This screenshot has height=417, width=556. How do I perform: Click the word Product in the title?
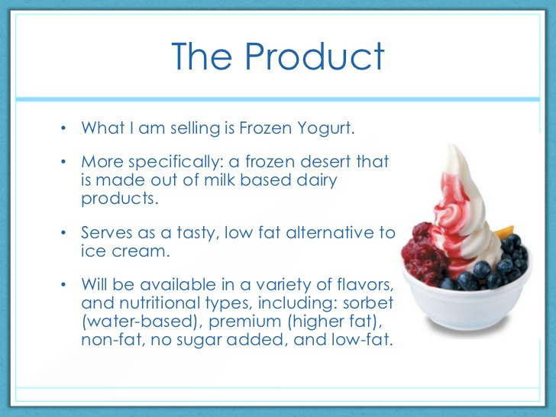tap(315, 56)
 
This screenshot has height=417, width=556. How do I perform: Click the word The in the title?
tap(202, 56)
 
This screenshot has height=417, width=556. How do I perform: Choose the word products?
tap(120, 199)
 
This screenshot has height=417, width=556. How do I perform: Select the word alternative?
tap(330, 233)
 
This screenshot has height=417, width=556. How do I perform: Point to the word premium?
tap(244, 322)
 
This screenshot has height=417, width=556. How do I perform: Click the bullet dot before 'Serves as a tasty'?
tap(63, 233)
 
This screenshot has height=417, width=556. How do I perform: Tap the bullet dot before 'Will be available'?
tap(63, 285)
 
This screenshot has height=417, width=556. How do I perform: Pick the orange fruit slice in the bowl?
tap(505, 233)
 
